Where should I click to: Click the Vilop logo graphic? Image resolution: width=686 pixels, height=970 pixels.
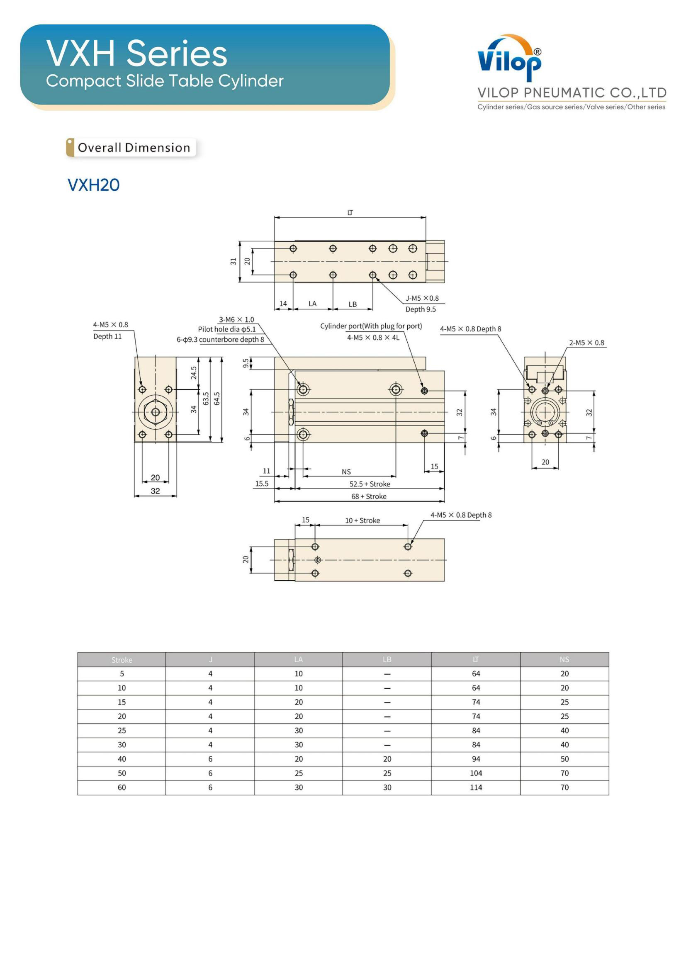pos(509,58)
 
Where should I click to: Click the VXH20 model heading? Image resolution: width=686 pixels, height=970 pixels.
pos(93,185)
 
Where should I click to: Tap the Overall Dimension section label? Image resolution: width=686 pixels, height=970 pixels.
pos(134,148)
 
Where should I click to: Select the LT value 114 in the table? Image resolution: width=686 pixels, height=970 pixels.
pos(476,787)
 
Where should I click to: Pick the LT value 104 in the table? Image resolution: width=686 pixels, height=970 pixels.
pos(476,773)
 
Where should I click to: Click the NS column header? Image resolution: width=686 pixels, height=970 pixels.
pos(564,659)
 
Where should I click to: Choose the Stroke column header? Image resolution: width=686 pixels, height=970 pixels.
pos(122,660)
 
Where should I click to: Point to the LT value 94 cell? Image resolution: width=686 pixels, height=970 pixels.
pos(476,759)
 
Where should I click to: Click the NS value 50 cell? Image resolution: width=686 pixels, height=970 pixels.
pos(564,759)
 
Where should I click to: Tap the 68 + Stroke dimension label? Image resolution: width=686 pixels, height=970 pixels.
pos(369,496)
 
